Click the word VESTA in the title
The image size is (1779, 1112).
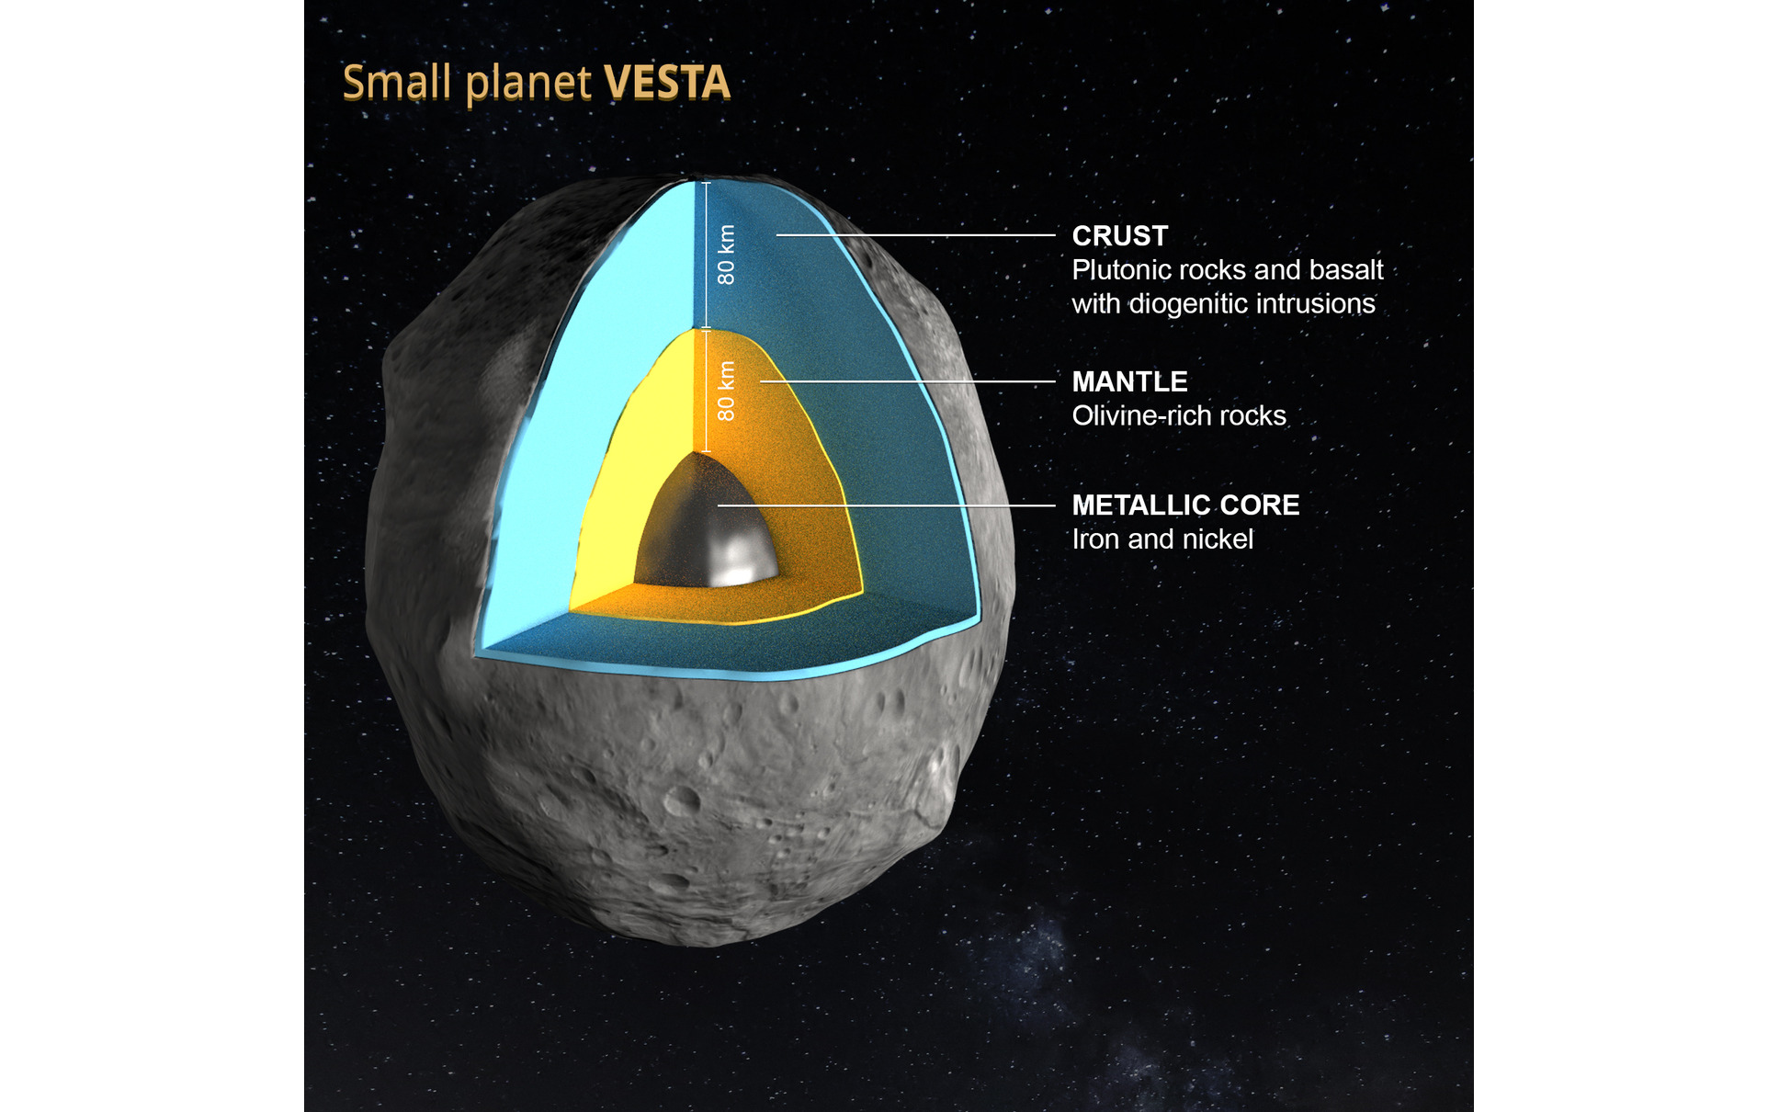(x=667, y=83)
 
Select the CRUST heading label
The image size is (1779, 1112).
(x=1120, y=236)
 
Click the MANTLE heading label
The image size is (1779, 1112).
(x=1130, y=381)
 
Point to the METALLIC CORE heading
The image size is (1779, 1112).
(x=1186, y=505)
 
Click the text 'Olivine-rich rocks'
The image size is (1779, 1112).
(x=1179, y=415)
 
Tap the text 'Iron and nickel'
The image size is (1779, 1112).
(x=1162, y=539)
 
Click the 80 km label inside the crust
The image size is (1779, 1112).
(x=727, y=255)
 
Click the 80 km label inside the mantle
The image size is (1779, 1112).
(x=727, y=391)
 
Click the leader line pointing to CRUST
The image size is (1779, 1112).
(x=916, y=235)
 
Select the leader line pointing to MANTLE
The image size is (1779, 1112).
(x=908, y=381)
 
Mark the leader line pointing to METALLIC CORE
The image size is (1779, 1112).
(x=887, y=505)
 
